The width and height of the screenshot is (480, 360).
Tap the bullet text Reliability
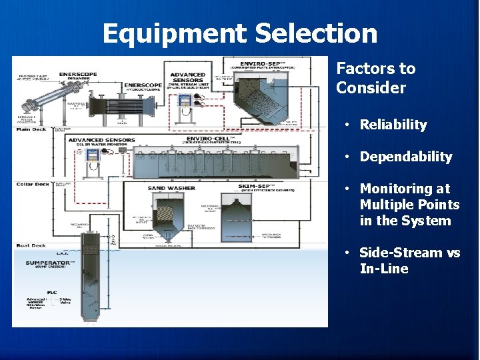pos(393,125)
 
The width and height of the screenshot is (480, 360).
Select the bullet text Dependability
pos(405,157)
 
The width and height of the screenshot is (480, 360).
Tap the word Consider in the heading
pos(371,88)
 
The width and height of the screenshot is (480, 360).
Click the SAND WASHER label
pos(171,188)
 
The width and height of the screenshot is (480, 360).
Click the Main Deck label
pos(31,129)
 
